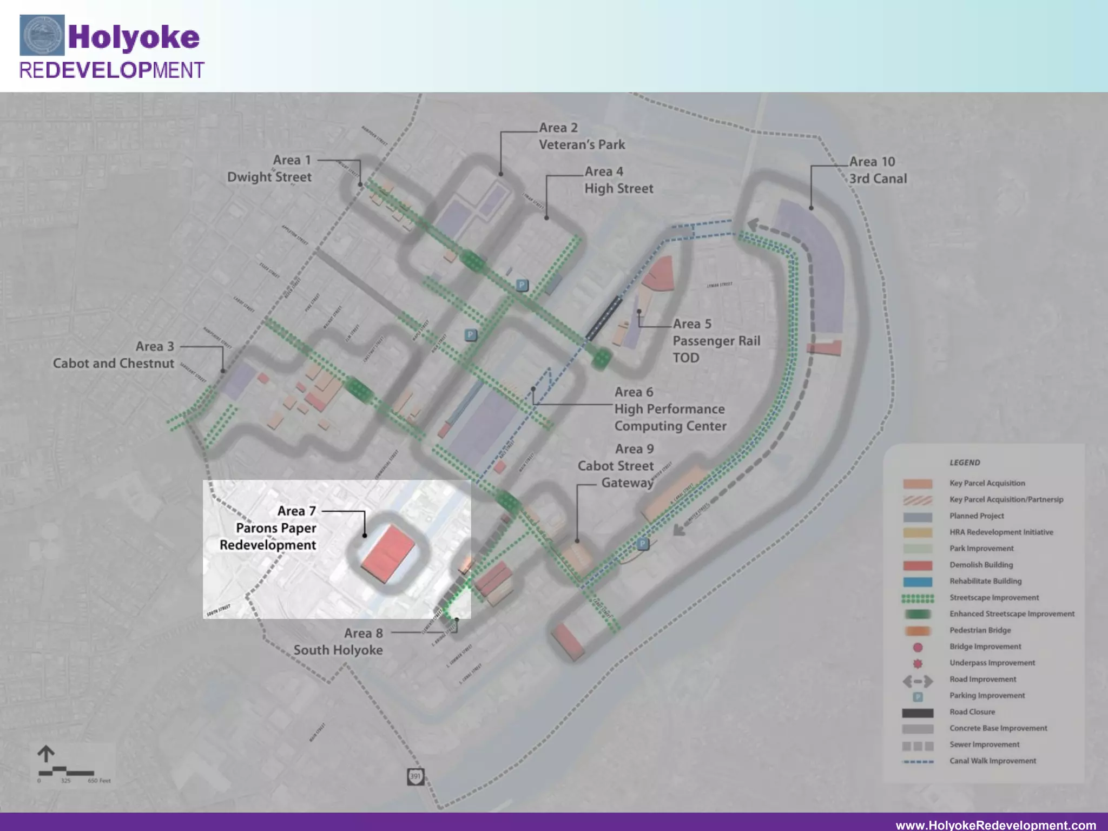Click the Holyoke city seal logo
click(x=42, y=35)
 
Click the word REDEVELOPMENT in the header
click(x=111, y=70)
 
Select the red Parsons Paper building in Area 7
click(x=387, y=554)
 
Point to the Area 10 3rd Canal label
click(x=878, y=170)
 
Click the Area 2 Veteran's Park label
click(x=582, y=136)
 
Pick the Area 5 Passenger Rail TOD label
click(x=716, y=340)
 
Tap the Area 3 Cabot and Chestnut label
click(x=114, y=355)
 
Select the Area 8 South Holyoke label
click(x=339, y=642)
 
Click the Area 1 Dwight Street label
click(x=269, y=168)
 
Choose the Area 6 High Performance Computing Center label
click(x=670, y=409)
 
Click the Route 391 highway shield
click(x=415, y=776)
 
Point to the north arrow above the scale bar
click(x=46, y=754)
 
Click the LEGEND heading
click(x=965, y=463)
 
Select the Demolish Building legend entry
click(x=981, y=565)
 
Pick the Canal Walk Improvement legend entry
click(x=992, y=761)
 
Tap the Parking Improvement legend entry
click(x=987, y=695)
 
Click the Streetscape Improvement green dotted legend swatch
click(x=918, y=598)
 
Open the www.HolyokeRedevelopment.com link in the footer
click(x=995, y=825)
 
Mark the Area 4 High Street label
click(x=618, y=180)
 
